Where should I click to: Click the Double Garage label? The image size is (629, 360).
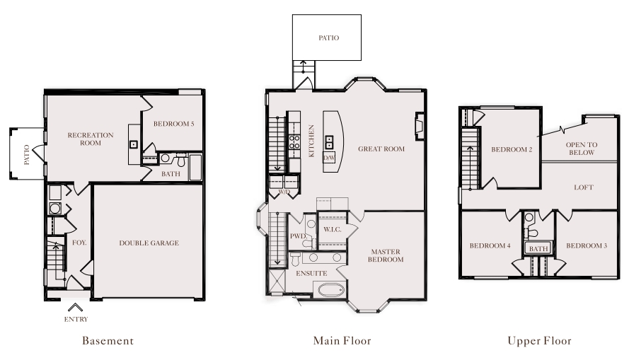click(x=149, y=243)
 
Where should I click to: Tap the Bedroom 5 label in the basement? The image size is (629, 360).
click(x=173, y=124)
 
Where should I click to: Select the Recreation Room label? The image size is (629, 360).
click(x=91, y=139)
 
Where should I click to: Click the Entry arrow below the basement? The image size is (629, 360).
click(x=75, y=308)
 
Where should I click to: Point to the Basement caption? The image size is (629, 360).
click(x=108, y=341)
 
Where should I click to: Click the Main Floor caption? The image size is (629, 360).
click(x=342, y=341)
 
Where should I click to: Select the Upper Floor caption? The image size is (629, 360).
click(x=540, y=341)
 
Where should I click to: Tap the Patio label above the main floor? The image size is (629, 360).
click(x=329, y=37)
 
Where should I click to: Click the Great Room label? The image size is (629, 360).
click(x=381, y=149)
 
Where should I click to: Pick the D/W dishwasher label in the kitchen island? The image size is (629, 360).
click(x=329, y=158)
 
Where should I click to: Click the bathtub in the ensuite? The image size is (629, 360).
click(x=331, y=289)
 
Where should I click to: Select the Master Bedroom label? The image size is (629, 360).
click(x=386, y=255)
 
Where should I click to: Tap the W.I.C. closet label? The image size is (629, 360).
click(x=333, y=229)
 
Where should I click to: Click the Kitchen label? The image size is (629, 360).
click(x=311, y=141)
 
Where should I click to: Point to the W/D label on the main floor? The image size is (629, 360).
click(x=284, y=192)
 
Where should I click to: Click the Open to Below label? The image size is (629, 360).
click(x=582, y=149)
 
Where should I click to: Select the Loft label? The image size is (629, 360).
click(x=584, y=187)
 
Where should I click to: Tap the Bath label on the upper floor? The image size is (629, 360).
click(x=538, y=248)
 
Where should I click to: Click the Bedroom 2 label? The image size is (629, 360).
click(x=512, y=149)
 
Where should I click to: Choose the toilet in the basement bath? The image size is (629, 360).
click(x=181, y=161)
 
